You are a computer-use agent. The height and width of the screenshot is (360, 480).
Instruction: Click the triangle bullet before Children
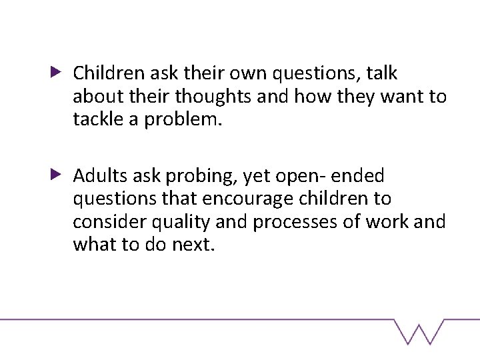57,71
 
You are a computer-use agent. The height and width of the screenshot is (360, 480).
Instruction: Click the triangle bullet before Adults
57,175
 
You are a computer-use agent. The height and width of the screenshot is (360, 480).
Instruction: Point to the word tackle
94,120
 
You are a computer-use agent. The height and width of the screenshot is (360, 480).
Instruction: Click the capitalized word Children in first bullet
104,72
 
